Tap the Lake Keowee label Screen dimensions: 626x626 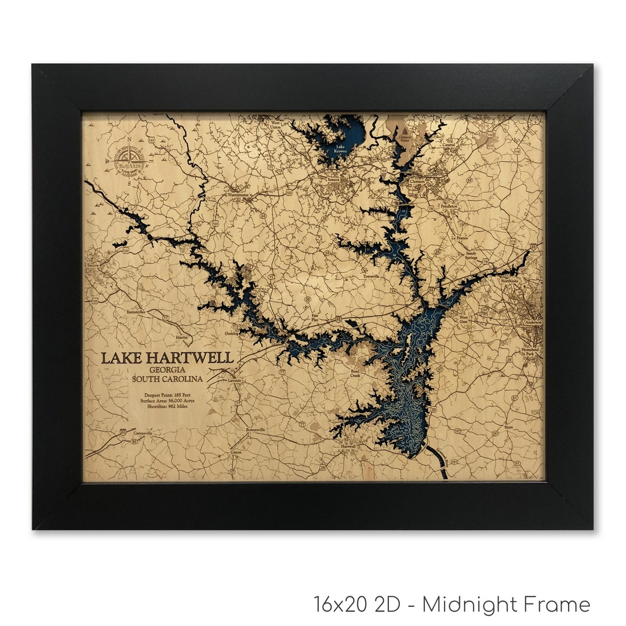[339, 150]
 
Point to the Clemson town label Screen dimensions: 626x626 [417, 181]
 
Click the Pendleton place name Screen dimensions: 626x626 [449, 206]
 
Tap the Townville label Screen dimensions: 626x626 [371, 276]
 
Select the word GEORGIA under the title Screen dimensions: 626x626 [167, 369]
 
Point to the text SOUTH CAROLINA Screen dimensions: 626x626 [168, 379]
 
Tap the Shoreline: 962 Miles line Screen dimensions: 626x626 [168, 406]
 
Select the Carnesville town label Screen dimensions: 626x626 [142, 433]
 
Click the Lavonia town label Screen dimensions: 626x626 [234, 381]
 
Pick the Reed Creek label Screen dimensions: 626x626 [355, 373]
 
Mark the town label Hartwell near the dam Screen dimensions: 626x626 [349, 446]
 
